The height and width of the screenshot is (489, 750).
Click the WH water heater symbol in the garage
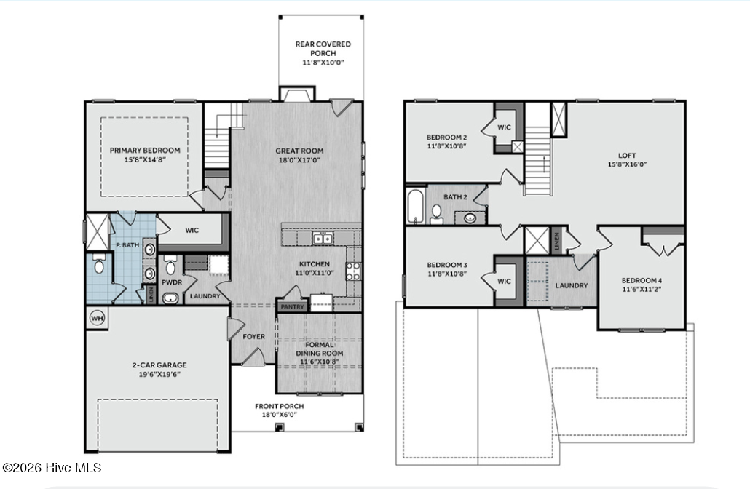pos(96,318)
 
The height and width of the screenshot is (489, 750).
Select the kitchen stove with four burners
pos(352,271)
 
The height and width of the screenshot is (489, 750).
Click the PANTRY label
pos(291,308)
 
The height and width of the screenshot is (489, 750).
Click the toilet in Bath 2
pos(437,213)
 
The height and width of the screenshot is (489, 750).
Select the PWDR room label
pos(171,282)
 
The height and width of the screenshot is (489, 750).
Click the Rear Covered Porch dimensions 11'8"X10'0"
pos(323,63)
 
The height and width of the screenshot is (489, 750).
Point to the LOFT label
pos(627,154)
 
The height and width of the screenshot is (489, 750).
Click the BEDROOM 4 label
pos(641,280)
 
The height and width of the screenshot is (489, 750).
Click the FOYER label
pos(253,337)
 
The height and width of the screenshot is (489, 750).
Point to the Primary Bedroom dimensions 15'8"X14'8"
pos(144,160)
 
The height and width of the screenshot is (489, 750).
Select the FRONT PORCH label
pos(279,406)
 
